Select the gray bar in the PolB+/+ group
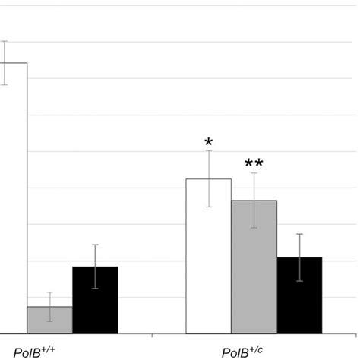49,320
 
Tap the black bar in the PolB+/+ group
95,300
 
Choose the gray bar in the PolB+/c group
254,267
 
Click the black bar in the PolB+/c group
299,295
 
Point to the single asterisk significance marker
208,143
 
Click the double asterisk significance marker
254,163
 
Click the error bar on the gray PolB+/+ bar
49,306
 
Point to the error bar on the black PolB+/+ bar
95,267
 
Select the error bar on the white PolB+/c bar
209,178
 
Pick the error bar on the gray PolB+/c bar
254,201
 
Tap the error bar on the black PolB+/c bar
299,257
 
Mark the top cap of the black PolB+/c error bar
299,234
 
